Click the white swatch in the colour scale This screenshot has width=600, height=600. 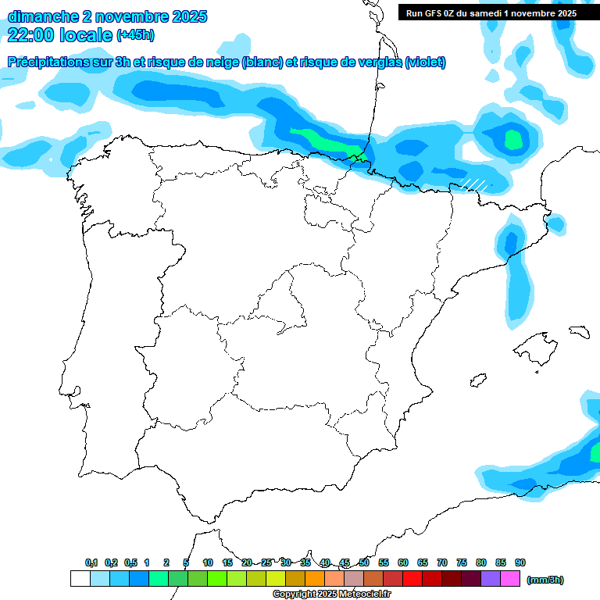point(80,578)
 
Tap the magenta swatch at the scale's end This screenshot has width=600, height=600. point(510,578)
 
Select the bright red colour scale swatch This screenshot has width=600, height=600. point(412,578)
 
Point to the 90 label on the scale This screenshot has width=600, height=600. point(520,562)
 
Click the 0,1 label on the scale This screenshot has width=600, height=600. point(91,562)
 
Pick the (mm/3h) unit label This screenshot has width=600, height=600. point(545,580)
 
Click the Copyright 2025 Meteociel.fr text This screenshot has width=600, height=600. point(332,595)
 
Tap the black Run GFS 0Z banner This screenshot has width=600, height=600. point(491,13)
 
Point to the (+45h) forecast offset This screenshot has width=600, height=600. point(135,35)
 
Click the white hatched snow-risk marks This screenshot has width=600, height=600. point(474,184)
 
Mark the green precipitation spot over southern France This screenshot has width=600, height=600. point(512,140)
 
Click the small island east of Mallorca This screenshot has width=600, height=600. point(579,330)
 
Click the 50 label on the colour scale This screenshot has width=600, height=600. point(364,562)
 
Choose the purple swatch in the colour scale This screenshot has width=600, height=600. point(491,578)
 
